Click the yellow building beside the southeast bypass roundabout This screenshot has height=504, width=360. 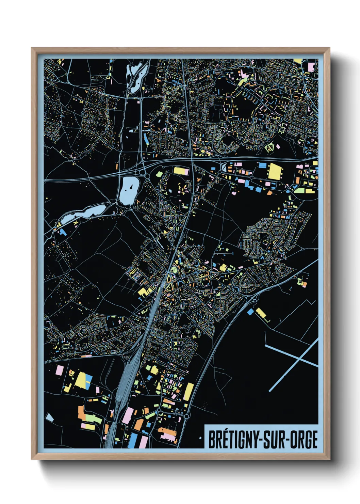pyautogui.click(x=261, y=313)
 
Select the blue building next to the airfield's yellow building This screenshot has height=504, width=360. pyautogui.click(x=250, y=311)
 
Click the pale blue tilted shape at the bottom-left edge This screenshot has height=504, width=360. pyautogui.click(x=50, y=417)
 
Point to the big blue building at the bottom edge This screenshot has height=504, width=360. pyautogui.click(x=133, y=441)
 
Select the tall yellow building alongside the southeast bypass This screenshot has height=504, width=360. pyautogui.click(x=189, y=392)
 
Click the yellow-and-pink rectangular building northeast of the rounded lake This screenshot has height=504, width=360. pyautogui.click(x=181, y=171)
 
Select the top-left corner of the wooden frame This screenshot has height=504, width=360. pyautogui.click(x=32, y=48)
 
